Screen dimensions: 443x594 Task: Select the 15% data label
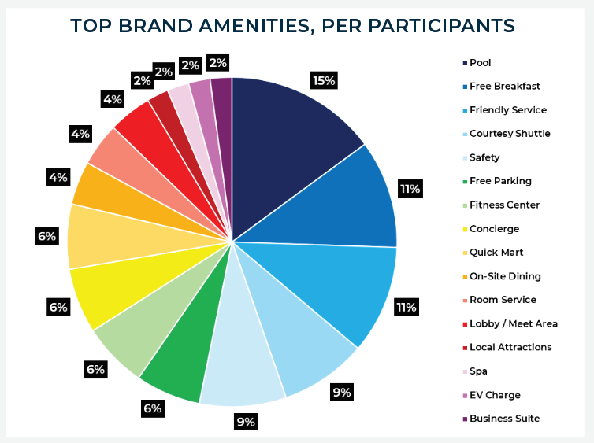click(324, 80)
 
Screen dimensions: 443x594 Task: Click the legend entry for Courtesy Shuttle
click(510, 134)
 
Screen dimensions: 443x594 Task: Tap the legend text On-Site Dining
click(505, 276)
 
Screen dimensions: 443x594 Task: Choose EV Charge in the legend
click(495, 395)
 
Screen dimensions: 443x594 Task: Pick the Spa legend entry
click(478, 371)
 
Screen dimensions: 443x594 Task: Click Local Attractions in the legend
click(510, 347)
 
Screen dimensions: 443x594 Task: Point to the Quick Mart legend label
click(496, 253)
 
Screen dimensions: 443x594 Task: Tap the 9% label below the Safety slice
click(246, 422)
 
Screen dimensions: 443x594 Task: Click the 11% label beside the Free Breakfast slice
click(410, 189)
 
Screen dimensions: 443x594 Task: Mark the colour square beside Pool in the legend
click(465, 63)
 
